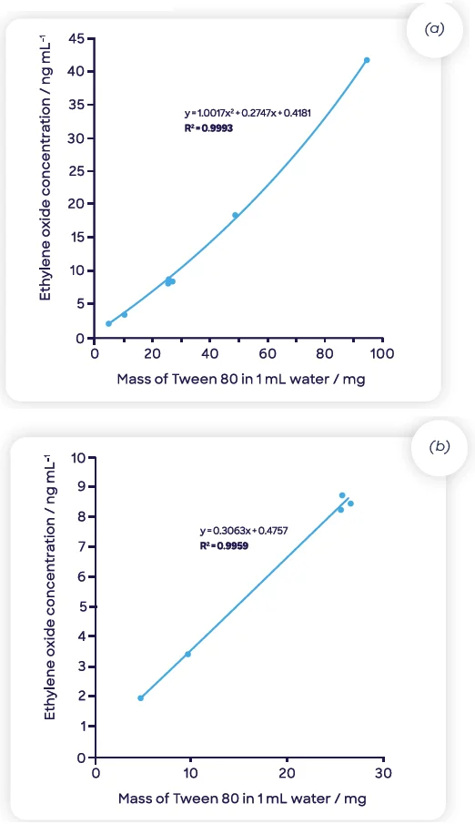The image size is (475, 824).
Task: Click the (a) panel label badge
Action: (435, 29)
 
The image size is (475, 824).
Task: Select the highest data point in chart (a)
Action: (367, 60)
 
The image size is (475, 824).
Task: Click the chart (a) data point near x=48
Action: (235, 215)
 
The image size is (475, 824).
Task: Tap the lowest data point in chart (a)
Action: (109, 323)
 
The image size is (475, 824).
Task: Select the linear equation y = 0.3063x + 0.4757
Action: (244, 530)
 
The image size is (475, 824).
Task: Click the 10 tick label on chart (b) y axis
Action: (78, 456)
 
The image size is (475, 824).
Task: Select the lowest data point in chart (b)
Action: (141, 698)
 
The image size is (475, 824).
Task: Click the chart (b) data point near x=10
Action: (187, 654)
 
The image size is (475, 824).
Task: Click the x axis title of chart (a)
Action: (240, 379)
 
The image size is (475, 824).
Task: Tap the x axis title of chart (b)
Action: (242, 799)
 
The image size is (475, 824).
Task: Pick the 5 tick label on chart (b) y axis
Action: (83, 606)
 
